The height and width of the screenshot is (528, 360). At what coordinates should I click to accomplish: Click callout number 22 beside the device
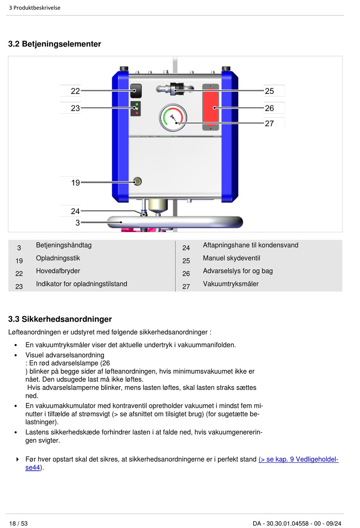coord(75,91)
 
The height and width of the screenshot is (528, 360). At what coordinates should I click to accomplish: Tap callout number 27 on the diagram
coord(269,123)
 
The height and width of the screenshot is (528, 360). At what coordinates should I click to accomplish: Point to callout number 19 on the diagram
coord(76,183)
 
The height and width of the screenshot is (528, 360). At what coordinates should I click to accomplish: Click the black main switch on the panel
coord(136,91)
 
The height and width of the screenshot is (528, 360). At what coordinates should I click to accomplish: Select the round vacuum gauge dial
coord(173,118)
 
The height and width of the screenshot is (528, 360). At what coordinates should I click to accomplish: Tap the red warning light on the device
coord(211,107)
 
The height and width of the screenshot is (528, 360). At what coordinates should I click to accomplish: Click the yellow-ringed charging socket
coord(137,182)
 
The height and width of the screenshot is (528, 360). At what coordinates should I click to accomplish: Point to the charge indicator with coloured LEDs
coord(135,109)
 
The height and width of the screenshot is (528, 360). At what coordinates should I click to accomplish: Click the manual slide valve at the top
coord(175,89)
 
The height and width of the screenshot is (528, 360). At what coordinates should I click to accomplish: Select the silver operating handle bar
coord(175,222)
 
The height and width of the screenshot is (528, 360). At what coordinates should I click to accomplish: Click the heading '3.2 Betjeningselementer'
coord(55,44)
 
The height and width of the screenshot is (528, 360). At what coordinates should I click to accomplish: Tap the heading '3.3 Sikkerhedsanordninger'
coord(60,319)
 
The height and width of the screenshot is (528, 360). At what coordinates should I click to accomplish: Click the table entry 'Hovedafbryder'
coord(58,271)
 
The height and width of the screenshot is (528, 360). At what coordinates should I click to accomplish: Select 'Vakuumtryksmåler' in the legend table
coord(231,284)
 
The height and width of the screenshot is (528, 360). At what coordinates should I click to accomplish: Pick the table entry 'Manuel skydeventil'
coord(232,258)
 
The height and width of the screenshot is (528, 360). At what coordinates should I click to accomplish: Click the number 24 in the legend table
coord(186,248)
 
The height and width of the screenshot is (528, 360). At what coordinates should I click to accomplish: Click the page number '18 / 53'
coord(18,523)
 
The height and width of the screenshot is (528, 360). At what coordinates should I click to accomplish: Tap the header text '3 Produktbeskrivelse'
coord(34,8)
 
